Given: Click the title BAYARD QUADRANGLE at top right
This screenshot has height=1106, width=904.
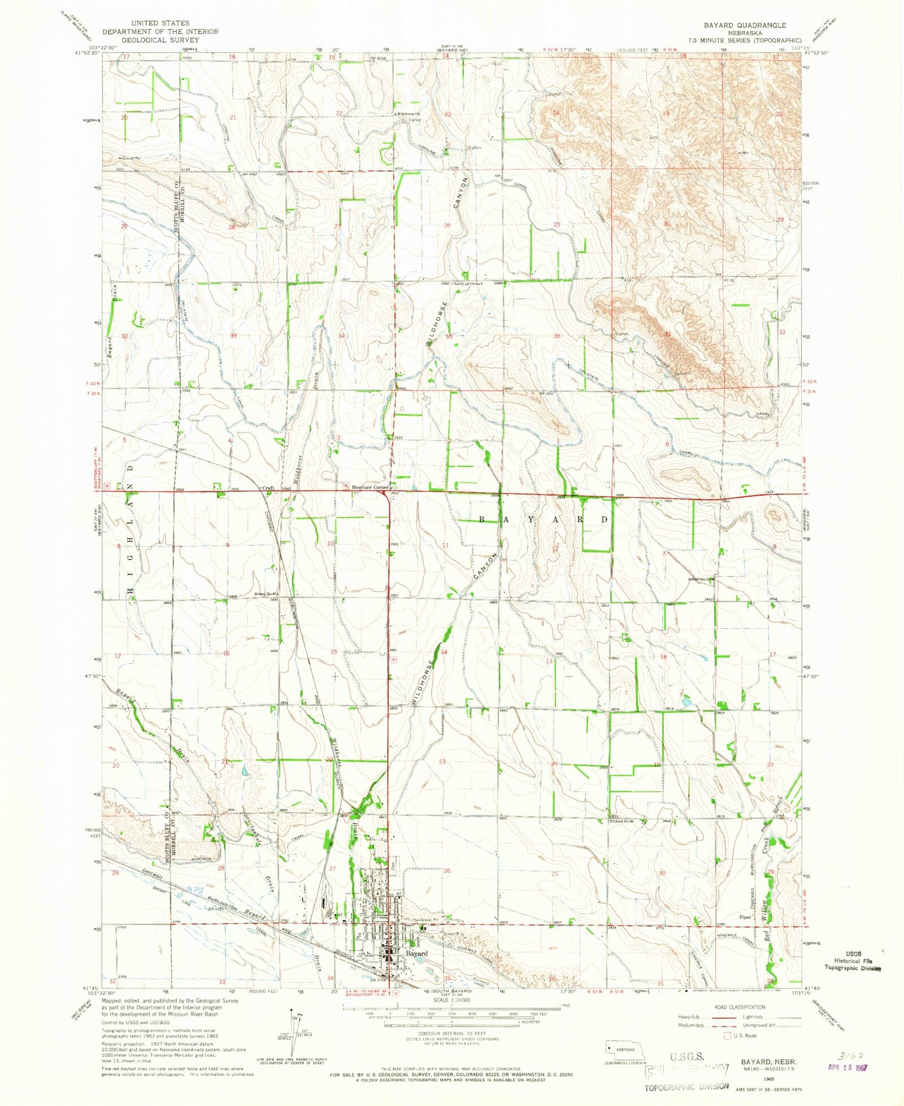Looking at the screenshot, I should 744,25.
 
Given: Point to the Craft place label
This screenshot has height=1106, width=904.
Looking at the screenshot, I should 267,487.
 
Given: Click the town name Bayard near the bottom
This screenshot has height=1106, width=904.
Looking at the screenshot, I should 416,953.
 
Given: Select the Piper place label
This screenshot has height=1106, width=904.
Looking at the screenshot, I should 745,917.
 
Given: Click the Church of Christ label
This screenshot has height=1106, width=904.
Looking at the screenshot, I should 467,284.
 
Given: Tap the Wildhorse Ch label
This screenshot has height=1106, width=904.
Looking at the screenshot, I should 408,114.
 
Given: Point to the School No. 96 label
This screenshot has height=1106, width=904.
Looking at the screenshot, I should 621,820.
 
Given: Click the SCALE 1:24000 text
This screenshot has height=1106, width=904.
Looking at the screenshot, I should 451,1000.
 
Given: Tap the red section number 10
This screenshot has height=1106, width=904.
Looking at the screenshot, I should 331,543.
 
